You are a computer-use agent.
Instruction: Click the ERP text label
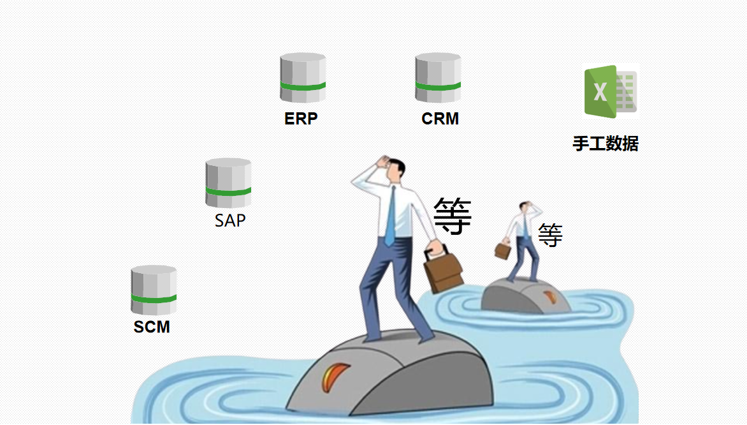coord(301,119)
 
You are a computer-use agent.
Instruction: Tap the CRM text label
coord(440,119)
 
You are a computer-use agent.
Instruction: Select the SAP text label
coord(230,221)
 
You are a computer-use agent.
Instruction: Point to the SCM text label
coord(152,327)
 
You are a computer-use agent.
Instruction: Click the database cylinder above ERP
coord(303,78)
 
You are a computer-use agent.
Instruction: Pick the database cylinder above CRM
coord(438,78)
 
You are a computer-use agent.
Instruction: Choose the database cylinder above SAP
coord(228,183)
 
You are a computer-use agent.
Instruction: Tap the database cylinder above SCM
coord(154,290)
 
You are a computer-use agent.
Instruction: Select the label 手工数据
coord(605,144)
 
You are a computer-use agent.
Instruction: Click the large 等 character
coord(453,216)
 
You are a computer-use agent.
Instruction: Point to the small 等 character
coord(550,235)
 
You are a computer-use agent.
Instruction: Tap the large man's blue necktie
coord(390,217)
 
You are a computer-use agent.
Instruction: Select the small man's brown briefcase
coord(503,250)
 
